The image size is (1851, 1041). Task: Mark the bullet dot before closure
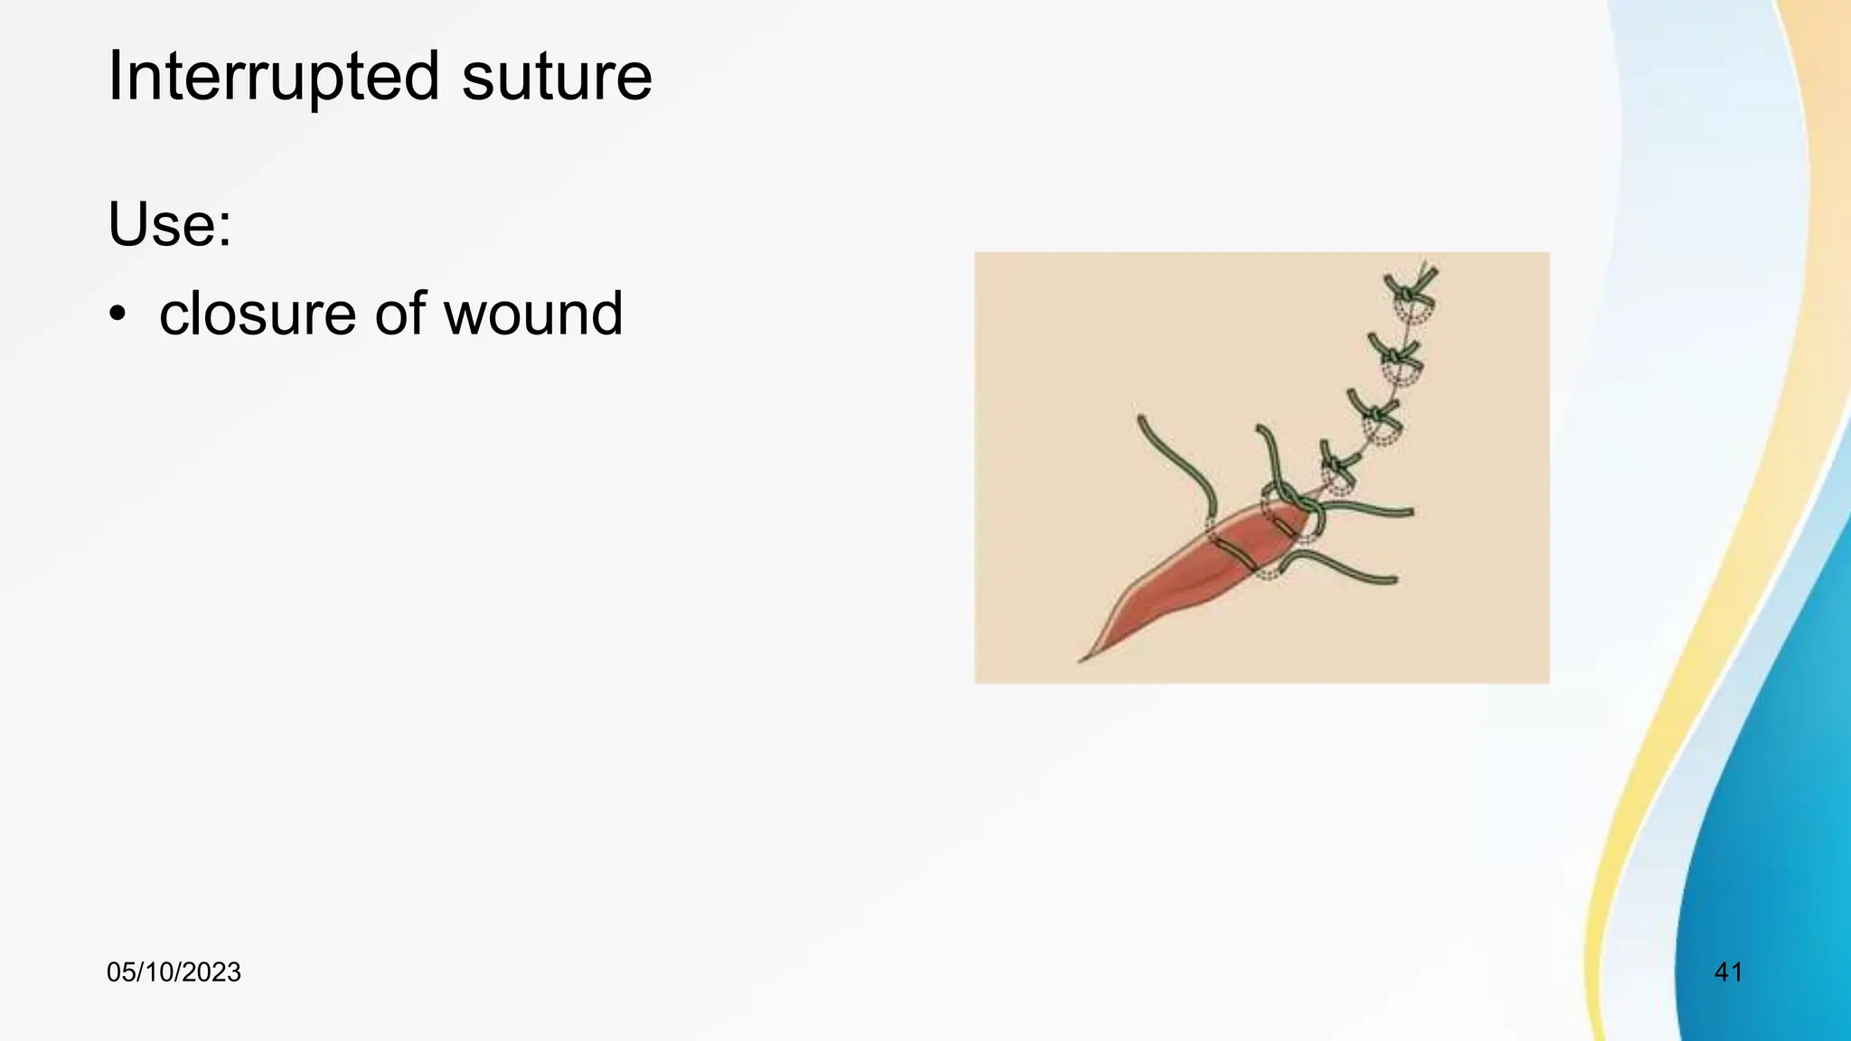(117, 315)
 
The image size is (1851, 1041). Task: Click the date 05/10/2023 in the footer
(174, 972)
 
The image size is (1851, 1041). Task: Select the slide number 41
(1727, 972)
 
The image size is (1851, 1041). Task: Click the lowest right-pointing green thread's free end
(1395, 580)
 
